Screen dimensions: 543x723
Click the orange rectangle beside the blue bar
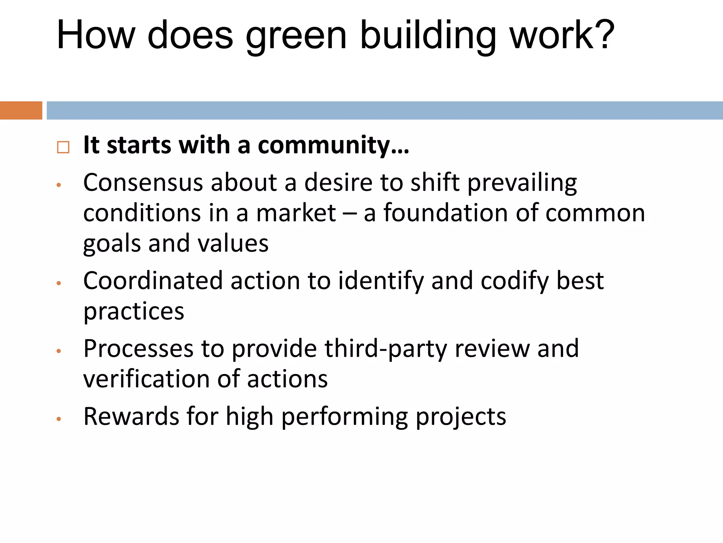click(21, 110)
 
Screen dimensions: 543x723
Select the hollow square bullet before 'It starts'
click(63, 147)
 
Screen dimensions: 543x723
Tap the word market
click(296, 213)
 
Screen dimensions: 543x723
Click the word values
click(233, 244)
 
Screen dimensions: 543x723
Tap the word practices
click(134, 312)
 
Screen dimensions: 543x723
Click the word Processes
click(138, 349)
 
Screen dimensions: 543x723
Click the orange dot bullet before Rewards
click(59, 419)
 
